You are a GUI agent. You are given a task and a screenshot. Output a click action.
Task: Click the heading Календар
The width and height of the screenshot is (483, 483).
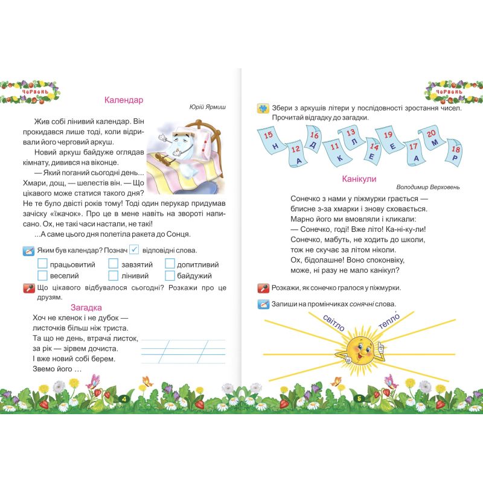pos(123,100)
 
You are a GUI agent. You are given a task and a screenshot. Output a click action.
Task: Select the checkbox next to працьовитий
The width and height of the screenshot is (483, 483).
pos(42,264)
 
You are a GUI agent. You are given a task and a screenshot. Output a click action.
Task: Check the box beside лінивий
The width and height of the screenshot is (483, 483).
pos(114,275)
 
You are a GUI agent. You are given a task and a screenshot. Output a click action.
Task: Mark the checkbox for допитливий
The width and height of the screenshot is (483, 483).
pos(170,264)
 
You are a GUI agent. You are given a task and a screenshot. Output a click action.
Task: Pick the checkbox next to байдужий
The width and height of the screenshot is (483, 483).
pos(170,275)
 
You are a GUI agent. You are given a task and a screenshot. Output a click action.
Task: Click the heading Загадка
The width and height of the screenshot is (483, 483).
pos(86,307)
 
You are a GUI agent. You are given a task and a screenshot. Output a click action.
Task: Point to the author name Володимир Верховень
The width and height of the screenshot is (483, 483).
pos(429,187)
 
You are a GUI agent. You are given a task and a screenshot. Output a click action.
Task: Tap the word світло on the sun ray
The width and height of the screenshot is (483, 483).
pos(333,323)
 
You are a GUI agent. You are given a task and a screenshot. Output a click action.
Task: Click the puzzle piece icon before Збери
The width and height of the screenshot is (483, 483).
pos(263,108)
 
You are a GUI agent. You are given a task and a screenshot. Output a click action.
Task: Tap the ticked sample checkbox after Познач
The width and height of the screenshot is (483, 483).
pos(135,249)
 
